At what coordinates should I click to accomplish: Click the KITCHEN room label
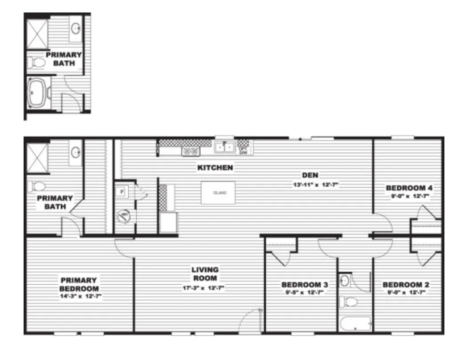215,168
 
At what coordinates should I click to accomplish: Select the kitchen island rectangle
218,192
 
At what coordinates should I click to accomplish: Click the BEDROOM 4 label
409,188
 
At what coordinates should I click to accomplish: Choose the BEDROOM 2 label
406,285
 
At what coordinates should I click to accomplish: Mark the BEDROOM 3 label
305,285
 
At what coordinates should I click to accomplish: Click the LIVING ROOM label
205,274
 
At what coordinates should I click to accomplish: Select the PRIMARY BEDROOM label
79,284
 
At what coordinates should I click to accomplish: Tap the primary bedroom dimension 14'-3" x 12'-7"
79,296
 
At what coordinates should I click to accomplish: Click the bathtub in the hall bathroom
355,323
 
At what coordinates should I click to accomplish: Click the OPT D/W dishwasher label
243,151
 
